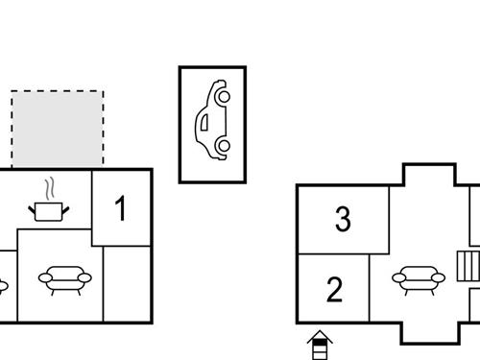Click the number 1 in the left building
[120, 208]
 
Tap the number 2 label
[334, 289]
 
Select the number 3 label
[343, 220]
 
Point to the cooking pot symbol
[49, 209]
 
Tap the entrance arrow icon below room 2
[319, 343]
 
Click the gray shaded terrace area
[57, 129]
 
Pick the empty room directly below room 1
[126, 282]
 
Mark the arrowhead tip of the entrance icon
[319, 332]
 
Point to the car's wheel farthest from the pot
[222, 96]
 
